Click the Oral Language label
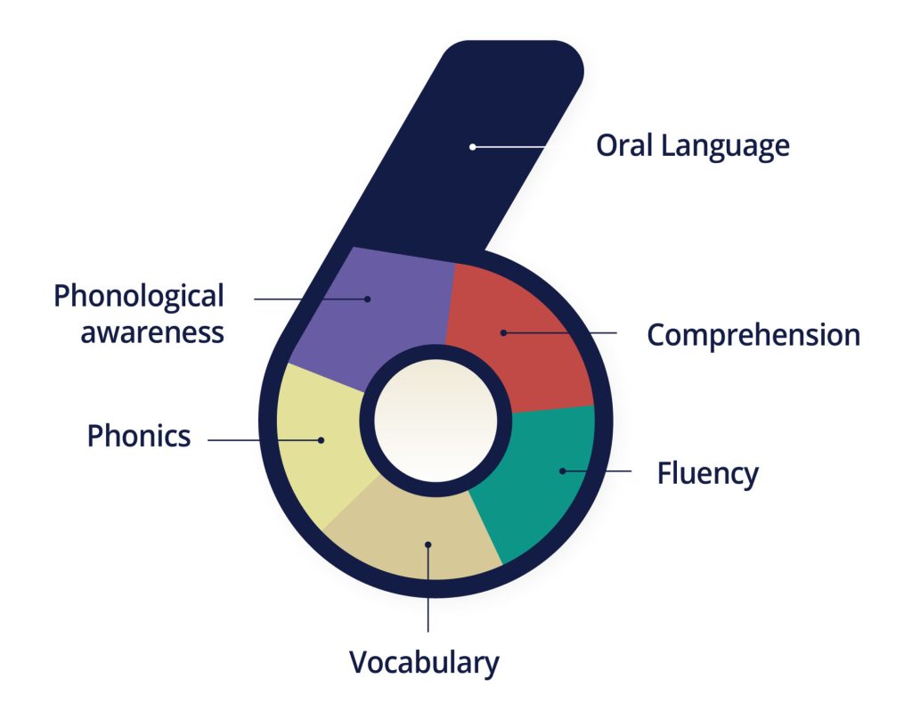[692, 145]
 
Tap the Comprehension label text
[753, 335]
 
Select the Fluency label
[707, 472]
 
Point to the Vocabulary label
[424, 663]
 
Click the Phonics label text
[139, 436]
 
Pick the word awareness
[151, 331]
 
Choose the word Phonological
[139, 296]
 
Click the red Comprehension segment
[525, 330]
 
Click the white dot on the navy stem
[473, 146]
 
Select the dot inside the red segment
[503, 332]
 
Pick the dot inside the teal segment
[562, 470]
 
